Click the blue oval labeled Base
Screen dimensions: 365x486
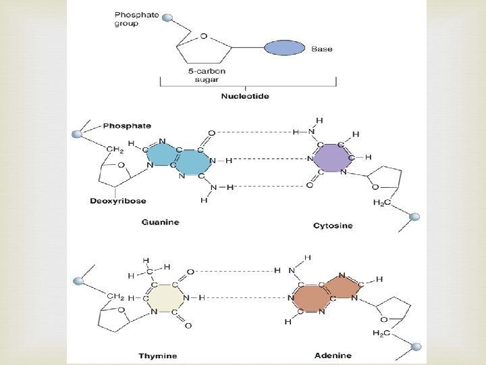click(x=283, y=48)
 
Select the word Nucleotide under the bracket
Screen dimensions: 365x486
click(x=245, y=96)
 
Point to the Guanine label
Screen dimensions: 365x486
click(x=160, y=221)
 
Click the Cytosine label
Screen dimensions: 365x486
click(x=333, y=225)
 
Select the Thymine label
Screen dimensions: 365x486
click(x=158, y=355)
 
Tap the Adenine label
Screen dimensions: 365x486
click(x=333, y=355)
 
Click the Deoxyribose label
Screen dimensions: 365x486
click(x=117, y=201)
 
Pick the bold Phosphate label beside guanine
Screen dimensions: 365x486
click(x=128, y=126)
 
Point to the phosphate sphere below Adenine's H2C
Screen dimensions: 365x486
click(x=416, y=347)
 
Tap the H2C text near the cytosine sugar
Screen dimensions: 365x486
click(x=382, y=203)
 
